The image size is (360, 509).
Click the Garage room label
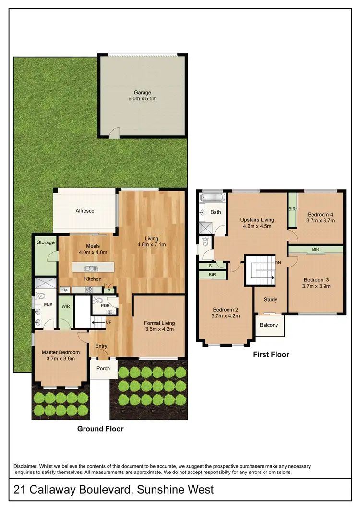click(x=142, y=93)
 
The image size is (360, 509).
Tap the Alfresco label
click(x=85, y=211)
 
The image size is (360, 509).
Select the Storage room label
click(x=45, y=243)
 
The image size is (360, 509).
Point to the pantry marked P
click(x=109, y=290)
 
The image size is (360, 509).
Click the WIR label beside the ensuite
click(x=66, y=305)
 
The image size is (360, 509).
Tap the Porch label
click(x=103, y=369)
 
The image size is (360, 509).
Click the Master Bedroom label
click(x=60, y=352)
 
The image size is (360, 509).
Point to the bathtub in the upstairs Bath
click(x=211, y=198)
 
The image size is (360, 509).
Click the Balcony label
click(x=269, y=325)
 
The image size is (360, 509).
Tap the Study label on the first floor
click(x=271, y=300)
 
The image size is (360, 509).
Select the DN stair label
click(x=278, y=263)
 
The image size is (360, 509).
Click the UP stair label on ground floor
click(x=109, y=322)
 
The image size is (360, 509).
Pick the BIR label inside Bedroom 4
click(x=292, y=209)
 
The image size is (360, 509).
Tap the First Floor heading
click(x=271, y=355)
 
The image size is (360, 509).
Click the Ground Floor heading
click(x=100, y=429)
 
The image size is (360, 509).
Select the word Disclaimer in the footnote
click(x=27, y=466)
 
